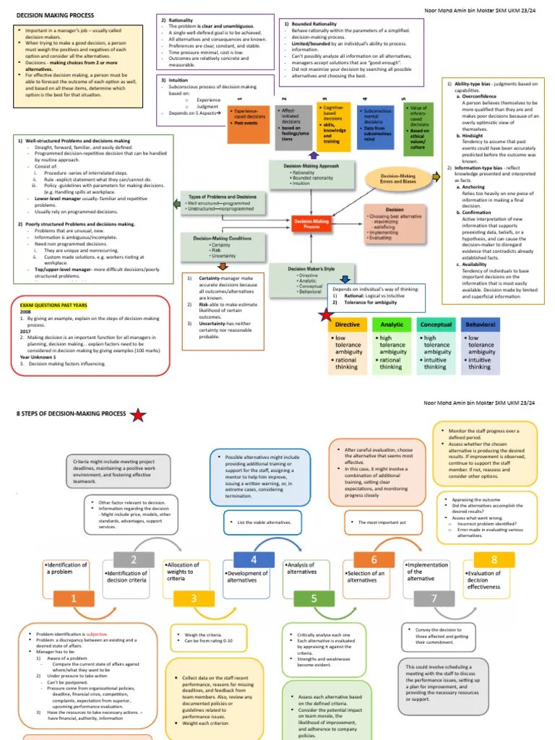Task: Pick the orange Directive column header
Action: click(348, 324)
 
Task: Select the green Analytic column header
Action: click(392, 324)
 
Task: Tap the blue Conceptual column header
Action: click(436, 324)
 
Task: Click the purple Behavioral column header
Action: click(481, 324)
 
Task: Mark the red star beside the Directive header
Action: click(327, 315)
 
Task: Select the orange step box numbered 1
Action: click(74, 599)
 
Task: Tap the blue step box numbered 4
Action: click(254, 559)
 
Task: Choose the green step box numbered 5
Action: click(314, 599)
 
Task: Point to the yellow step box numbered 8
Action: click(494, 559)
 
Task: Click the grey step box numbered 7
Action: click(434, 599)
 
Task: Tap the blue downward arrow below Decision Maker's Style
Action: click(345, 279)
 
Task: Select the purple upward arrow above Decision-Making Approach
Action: click(313, 154)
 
